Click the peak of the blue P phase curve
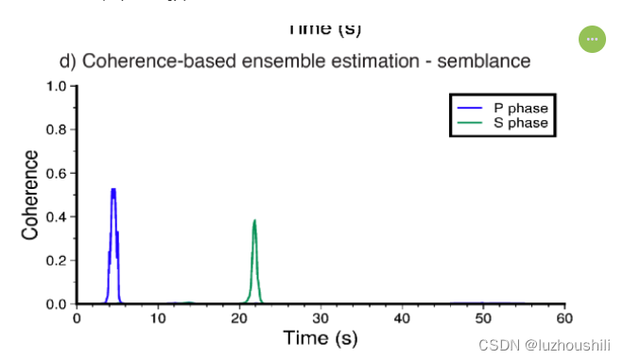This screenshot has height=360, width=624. [x=113, y=191]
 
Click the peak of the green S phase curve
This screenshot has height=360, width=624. [x=254, y=221]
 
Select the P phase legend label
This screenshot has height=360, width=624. [x=520, y=109]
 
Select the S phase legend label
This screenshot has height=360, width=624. [x=520, y=123]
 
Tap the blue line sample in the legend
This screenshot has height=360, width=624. [x=471, y=109]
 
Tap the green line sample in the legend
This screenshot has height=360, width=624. [x=471, y=123]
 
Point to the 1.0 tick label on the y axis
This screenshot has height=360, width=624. [x=56, y=87]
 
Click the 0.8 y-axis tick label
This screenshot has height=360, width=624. [x=56, y=130]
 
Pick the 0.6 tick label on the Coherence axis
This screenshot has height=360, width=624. [x=56, y=174]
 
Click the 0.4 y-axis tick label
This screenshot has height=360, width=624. [x=56, y=217]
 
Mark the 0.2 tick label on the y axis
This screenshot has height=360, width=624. [x=56, y=261]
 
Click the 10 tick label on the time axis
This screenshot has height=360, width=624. [x=158, y=317]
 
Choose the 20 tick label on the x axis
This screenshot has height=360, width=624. [x=239, y=317]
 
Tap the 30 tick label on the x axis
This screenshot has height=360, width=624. [x=321, y=317]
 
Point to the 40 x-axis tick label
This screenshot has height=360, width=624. [x=402, y=317]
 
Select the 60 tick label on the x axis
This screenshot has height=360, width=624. [x=564, y=317]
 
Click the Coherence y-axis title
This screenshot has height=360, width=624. [x=31, y=195]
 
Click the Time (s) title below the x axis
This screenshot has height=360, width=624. [x=321, y=337]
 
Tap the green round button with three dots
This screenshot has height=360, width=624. [x=592, y=39]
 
